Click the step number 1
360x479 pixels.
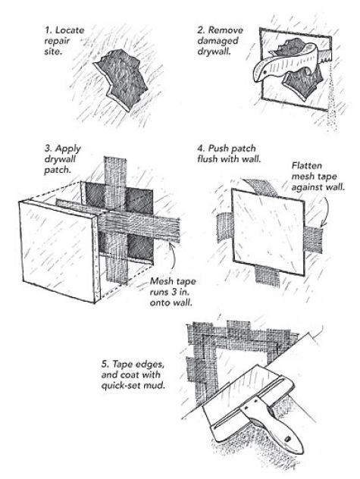click(48, 30)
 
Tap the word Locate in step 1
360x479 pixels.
click(70, 30)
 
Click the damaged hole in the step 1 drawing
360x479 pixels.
click(121, 79)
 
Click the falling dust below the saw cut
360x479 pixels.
click(333, 104)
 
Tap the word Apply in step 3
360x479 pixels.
click(68, 149)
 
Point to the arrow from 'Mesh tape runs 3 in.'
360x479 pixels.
click(172, 260)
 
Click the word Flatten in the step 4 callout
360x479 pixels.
click(306, 165)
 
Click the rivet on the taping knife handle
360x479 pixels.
click(288, 439)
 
